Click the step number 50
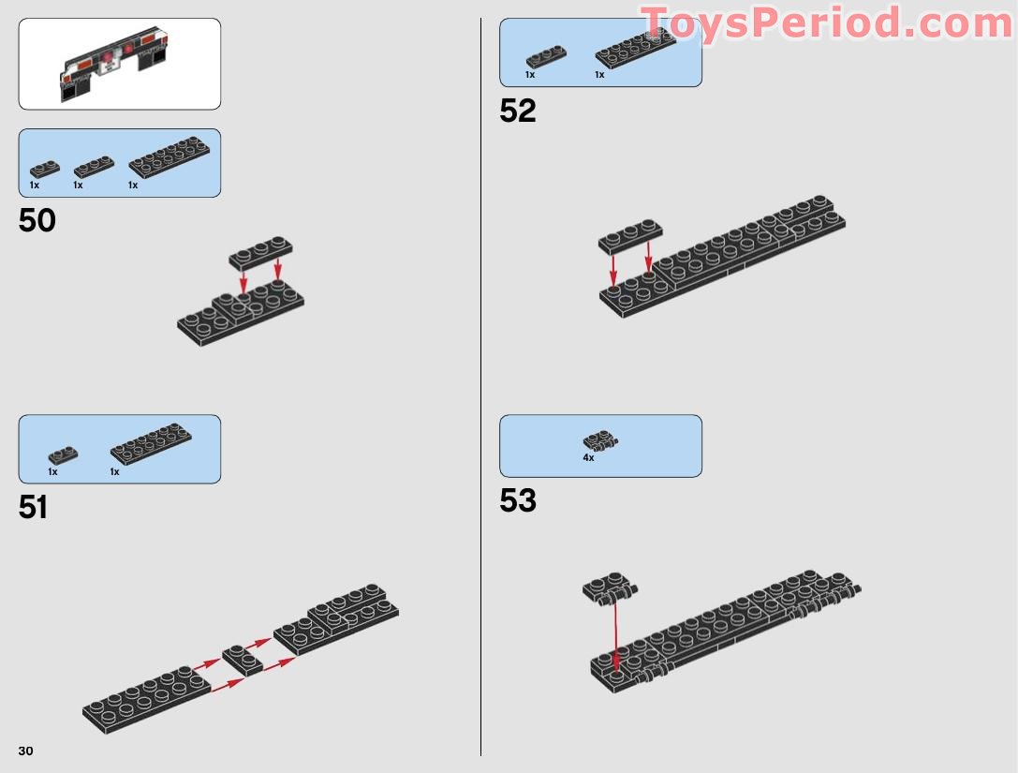pos(37,221)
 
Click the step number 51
pos(33,507)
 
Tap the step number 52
pos(518,111)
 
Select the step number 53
pos(518,500)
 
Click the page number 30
pos(25,751)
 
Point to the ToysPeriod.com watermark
pos(826,24)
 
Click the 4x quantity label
pos(588,457)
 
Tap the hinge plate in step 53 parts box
pos(600,440)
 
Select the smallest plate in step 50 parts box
pos(45,170)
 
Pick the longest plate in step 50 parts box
pos(170,156)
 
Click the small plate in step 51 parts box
pos(63,454)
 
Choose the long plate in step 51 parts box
pos(151,444)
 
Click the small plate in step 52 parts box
pos(546,57)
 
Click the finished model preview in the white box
pos(114,64)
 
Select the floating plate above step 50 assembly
pos(260,253)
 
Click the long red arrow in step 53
pos(615,636)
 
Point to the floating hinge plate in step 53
pos(609,587)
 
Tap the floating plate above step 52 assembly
pos(630,236)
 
